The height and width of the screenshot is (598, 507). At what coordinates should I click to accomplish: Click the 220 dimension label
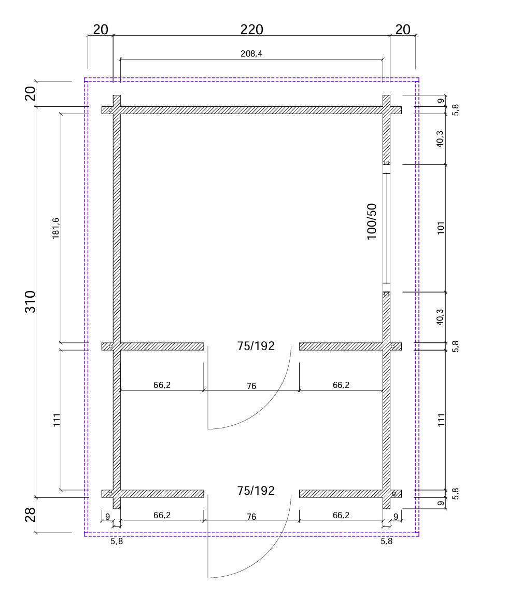click(251, 30)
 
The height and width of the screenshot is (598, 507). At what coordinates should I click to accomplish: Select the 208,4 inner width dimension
click(251, 53)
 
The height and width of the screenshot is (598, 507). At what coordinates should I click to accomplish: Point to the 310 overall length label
click(30, 302)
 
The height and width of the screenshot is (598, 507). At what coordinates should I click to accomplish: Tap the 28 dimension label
click(30, 514)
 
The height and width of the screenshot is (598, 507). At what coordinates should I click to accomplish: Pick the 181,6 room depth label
click(55, 228)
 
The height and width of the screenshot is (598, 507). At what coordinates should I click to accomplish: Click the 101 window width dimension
click(441, 228)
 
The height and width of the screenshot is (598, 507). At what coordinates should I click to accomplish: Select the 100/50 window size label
click(372, 221)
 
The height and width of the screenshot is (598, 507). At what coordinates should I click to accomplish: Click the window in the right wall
click(386, 228)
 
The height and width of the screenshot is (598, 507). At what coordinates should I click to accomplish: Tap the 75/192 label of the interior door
click(256, 346)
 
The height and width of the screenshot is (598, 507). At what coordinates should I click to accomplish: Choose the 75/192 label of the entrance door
click(256, 491)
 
